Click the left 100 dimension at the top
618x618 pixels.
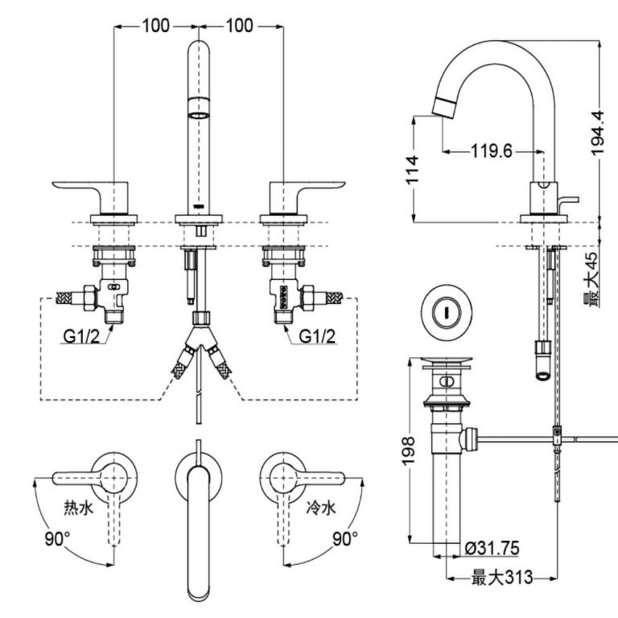tap(156, 26)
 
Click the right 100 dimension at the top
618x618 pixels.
tap(240, 26)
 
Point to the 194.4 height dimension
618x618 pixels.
tap(597, 134)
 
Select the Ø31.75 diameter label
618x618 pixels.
tap(491, 549)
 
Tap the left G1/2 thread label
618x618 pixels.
tap(81, 336)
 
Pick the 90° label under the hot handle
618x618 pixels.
tap(56, 538)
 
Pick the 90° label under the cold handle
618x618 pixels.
tap(344, 538)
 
